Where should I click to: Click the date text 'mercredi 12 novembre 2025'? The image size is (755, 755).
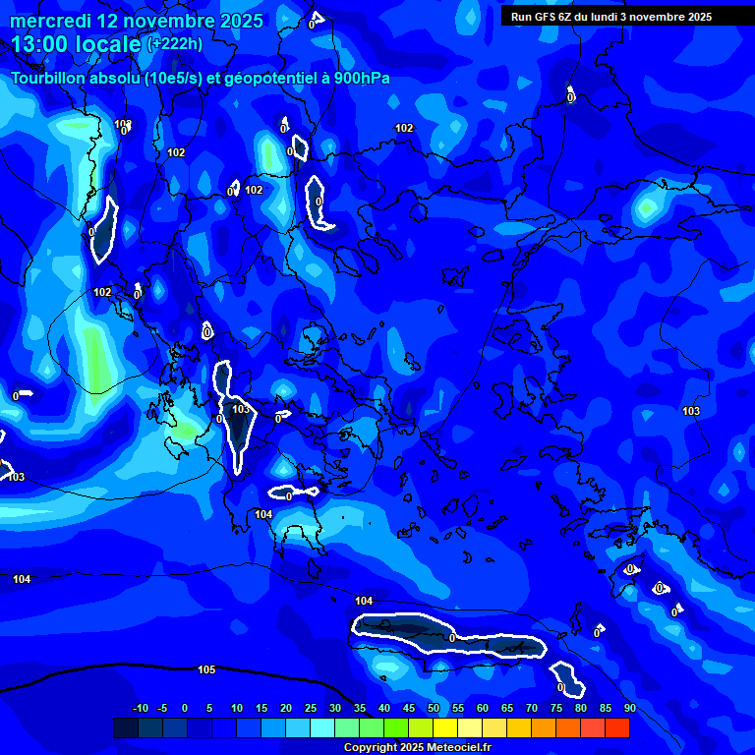tap(137, 21)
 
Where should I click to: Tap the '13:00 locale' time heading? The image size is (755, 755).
tap(76, 44)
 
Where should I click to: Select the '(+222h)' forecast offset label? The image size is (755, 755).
tap(175, 44)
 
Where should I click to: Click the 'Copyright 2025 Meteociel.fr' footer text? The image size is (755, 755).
tap(417, 748)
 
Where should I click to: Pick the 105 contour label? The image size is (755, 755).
tap(206, 669)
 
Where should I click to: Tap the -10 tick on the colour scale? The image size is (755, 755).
tap(140, 708)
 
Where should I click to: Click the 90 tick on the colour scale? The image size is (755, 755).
tap(629, 708)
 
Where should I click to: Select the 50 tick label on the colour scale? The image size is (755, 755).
tap(434, 708)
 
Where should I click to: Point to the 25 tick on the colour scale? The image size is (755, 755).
tap(311, 708)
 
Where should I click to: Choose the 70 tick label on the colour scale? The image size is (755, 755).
tap(532, 708)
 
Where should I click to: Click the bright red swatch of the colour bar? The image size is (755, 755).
tap(617, 728)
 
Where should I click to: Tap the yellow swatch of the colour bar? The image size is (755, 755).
tap(445, 728)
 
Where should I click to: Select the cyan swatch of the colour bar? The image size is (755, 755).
tap(322, 728)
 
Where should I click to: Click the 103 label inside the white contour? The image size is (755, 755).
tap(241, 409)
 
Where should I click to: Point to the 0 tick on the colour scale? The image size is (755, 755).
tap(186, 708)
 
